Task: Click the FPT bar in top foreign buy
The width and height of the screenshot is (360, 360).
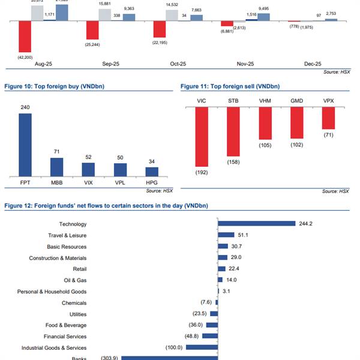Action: [x=25, y=144]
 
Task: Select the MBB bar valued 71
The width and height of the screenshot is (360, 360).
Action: [x=56, y=166]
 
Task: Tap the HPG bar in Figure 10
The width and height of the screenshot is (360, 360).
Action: [x=152, y=171]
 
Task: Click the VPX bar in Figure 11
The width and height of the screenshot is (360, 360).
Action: [x=328, y=118]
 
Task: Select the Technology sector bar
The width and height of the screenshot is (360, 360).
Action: [x=256, y=224]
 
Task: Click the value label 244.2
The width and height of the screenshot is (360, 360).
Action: [x=306, y=224]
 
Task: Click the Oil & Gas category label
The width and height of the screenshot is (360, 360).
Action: [x=74, y=280]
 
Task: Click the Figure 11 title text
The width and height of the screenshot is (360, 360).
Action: [x=230, y=87]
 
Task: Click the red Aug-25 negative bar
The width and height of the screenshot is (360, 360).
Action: [x=25, y=37]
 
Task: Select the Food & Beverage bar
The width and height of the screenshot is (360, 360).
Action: [x=211, y=325]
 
